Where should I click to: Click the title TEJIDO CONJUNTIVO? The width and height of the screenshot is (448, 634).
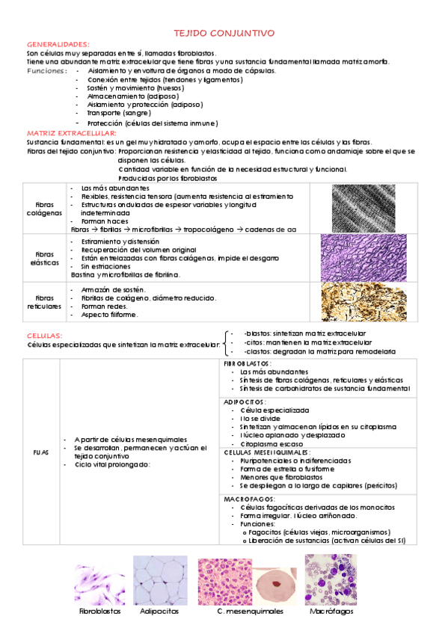tap(224, 34)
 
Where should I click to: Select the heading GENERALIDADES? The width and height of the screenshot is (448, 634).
tap(58, 45)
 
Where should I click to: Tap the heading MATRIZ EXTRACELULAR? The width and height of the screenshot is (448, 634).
tap(65, 132)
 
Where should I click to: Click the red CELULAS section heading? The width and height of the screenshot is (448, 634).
tap(45, 336)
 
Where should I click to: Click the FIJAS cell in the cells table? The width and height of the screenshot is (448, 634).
tap(41, 452)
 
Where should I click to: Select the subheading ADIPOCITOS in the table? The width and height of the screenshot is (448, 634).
tap(244, 402)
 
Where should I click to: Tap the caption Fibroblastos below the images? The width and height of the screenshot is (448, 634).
tap(99, 611)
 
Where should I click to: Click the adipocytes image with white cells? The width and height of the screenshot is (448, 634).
tap(160, 579)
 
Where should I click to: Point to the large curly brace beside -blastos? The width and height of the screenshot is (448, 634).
tap(227, 342)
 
